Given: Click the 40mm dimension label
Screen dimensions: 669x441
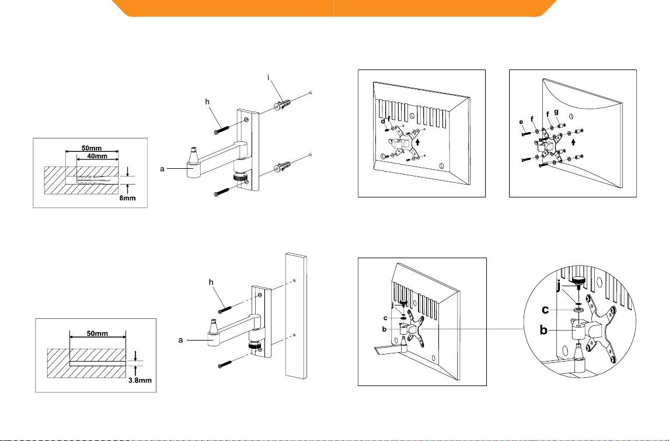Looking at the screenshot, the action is click(97, 156).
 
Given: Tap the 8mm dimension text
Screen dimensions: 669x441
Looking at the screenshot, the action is click(127, 197).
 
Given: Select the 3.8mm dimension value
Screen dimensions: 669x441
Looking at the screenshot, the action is click(140, 380).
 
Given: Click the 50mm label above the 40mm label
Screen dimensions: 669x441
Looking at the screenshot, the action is click(92, 148).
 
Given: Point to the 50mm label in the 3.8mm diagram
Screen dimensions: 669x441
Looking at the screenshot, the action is click(97, 334).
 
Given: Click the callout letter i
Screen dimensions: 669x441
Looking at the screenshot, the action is click(269, 78).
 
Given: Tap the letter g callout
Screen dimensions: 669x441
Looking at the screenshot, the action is click(556, 112).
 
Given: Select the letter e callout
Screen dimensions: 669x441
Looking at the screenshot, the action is click(521, 122).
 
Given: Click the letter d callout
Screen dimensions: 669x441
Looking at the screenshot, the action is click(383, 121).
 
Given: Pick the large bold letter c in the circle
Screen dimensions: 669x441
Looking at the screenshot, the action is click(545, 310).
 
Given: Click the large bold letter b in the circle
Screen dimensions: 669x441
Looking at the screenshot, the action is click(543, 330).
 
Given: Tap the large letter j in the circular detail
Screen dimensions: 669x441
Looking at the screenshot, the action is click(559, 286).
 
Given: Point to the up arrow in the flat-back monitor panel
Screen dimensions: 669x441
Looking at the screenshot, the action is click(419, 140).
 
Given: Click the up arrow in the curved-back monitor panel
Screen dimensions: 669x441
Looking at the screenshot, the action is click(573, 141).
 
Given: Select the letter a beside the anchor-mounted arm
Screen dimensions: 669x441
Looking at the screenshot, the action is click(162, 169).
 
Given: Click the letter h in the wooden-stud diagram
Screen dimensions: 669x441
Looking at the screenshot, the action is click(211, 282).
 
